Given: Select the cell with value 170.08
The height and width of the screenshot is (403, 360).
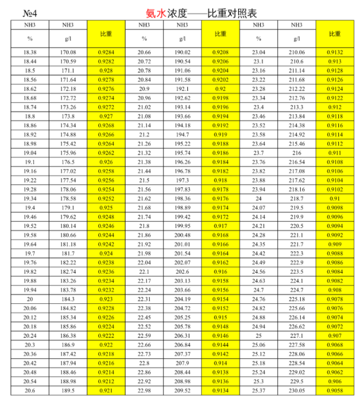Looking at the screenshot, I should (68, 52).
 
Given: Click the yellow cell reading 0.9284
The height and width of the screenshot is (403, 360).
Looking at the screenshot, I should (106, 52).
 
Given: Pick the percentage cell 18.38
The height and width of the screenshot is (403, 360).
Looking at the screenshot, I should (30, 52).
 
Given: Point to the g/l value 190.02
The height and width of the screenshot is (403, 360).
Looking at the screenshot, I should (183, 52).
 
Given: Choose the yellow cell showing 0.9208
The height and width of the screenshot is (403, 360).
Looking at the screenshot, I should (220, 52).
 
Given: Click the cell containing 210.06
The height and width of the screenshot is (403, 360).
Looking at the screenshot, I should (297, 52).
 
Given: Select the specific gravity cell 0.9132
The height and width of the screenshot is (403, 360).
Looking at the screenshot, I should (335, 52).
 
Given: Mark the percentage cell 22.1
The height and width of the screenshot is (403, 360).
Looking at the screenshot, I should (144, 272).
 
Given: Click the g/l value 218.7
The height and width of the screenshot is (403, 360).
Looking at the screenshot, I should (297, 198).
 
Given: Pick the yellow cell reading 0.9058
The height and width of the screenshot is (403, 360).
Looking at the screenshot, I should (335, 391).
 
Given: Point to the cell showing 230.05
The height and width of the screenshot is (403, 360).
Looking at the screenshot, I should (297, 391).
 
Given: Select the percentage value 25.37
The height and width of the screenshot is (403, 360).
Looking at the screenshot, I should (258, 391).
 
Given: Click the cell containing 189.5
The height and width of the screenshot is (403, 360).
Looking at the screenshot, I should (68, 391).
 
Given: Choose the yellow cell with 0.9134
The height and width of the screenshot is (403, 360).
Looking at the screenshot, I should (220, 391).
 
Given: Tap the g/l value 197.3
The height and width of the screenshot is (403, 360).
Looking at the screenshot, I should (183, 180).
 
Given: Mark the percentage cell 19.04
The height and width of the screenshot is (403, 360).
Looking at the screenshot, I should (30, 153).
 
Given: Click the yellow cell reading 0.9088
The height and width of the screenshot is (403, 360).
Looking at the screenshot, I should (335, 253).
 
